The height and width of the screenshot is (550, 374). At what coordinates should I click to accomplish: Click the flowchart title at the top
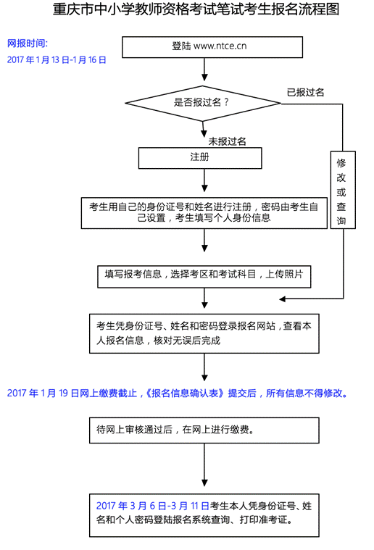(x=196, y=9)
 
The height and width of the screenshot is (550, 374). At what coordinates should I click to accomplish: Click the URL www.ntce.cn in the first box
(x=220, y=46)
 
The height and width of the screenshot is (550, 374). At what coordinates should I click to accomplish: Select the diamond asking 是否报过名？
(x=203, y=103)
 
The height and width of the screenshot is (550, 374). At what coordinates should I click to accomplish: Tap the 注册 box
(x=200, y=158)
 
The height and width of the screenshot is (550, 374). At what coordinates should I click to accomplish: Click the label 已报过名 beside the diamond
(x=305, y=93)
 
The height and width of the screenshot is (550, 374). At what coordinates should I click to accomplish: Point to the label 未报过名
(x=227, y=141)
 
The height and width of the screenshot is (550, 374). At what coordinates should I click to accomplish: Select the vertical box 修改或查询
(x=343, y=190)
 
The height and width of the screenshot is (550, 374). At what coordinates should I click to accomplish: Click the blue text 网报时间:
(x=28, y=43)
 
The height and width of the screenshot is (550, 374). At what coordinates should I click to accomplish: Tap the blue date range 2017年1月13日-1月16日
(x=57, y=60)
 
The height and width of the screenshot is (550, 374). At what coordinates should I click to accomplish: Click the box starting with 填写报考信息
(x=204, y=276)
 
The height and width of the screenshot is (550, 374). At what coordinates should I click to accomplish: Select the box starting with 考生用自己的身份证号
(x=204, y=213)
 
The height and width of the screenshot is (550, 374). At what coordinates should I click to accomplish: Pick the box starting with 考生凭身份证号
(x=204, y=333)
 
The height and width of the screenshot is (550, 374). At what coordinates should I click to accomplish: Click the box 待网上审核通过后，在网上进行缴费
(x=204, y=430)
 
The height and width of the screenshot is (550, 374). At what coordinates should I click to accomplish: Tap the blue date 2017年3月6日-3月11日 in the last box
(x=153, y=506)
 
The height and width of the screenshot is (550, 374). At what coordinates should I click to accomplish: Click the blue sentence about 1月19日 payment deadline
(x=178, y=393)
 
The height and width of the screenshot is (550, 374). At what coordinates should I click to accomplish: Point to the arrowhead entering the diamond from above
(x=204, y=77)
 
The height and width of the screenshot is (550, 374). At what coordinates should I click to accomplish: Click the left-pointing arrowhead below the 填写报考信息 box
(x=283, y=299)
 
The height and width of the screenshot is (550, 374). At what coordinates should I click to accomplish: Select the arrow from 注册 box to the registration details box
(x=204, y=180)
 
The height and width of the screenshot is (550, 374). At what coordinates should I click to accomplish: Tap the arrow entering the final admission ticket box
(x=204, y=464)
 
